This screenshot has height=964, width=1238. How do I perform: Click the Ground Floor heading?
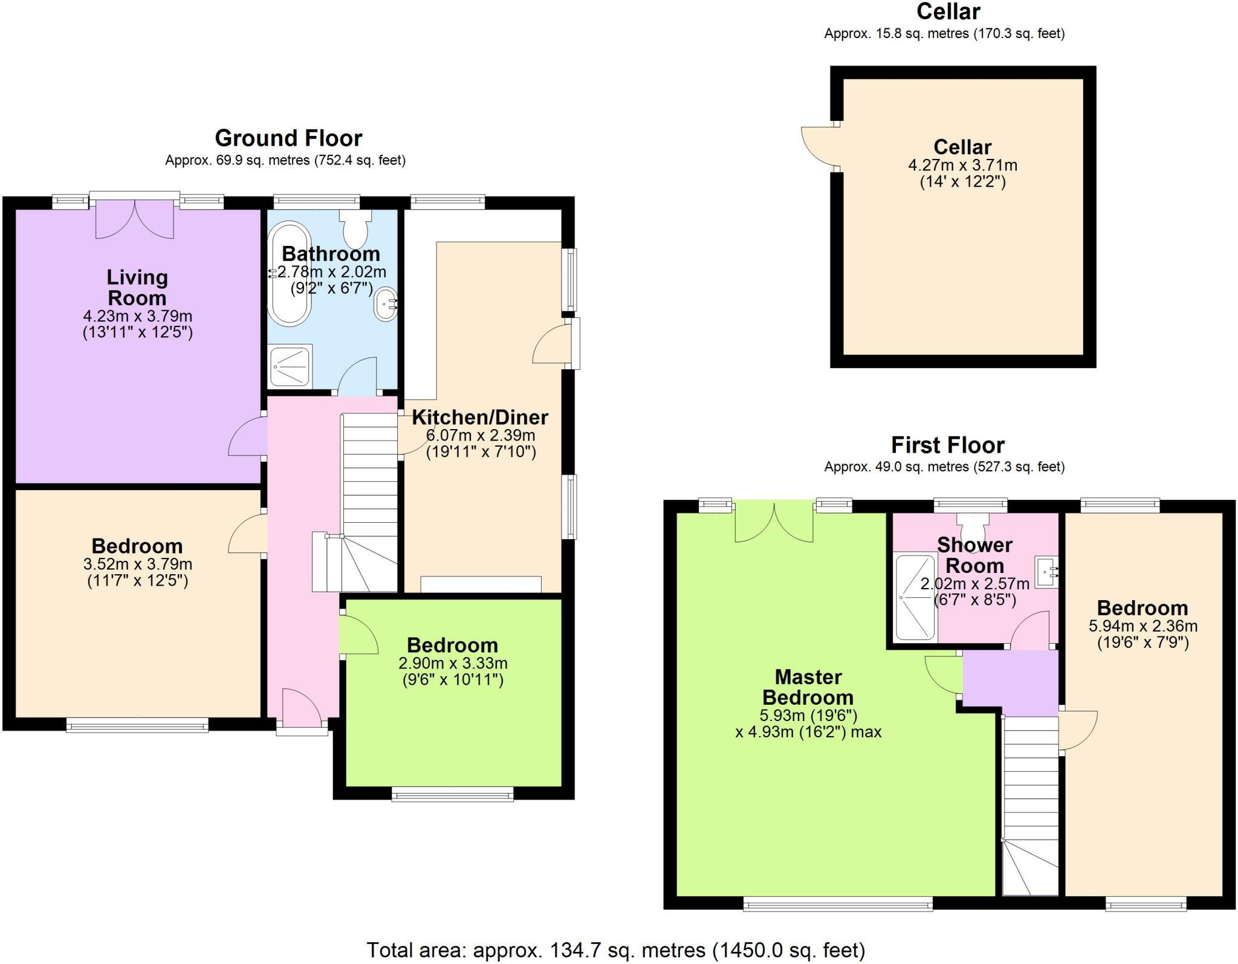[288, 138]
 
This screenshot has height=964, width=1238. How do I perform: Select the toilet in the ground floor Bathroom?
[357, 228]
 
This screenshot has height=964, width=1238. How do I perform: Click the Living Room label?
[137, 288]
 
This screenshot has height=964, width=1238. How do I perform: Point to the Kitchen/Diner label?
[480, 417]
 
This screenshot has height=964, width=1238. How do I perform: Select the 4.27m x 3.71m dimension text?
[962, 165]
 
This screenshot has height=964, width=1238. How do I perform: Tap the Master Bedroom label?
[808, 687]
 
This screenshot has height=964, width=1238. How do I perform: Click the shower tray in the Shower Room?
[915, 597]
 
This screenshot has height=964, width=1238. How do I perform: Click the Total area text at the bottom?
[616, 950]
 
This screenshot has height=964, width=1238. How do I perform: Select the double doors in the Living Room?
[135, 219]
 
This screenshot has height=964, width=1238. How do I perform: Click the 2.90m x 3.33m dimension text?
[453, 663]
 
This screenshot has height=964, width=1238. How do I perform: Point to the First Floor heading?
[947, 445]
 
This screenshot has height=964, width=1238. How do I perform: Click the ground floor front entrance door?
[301, 709]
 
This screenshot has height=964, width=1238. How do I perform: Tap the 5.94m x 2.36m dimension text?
[1142, 626]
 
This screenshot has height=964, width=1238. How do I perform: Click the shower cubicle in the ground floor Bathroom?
[291, 365]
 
